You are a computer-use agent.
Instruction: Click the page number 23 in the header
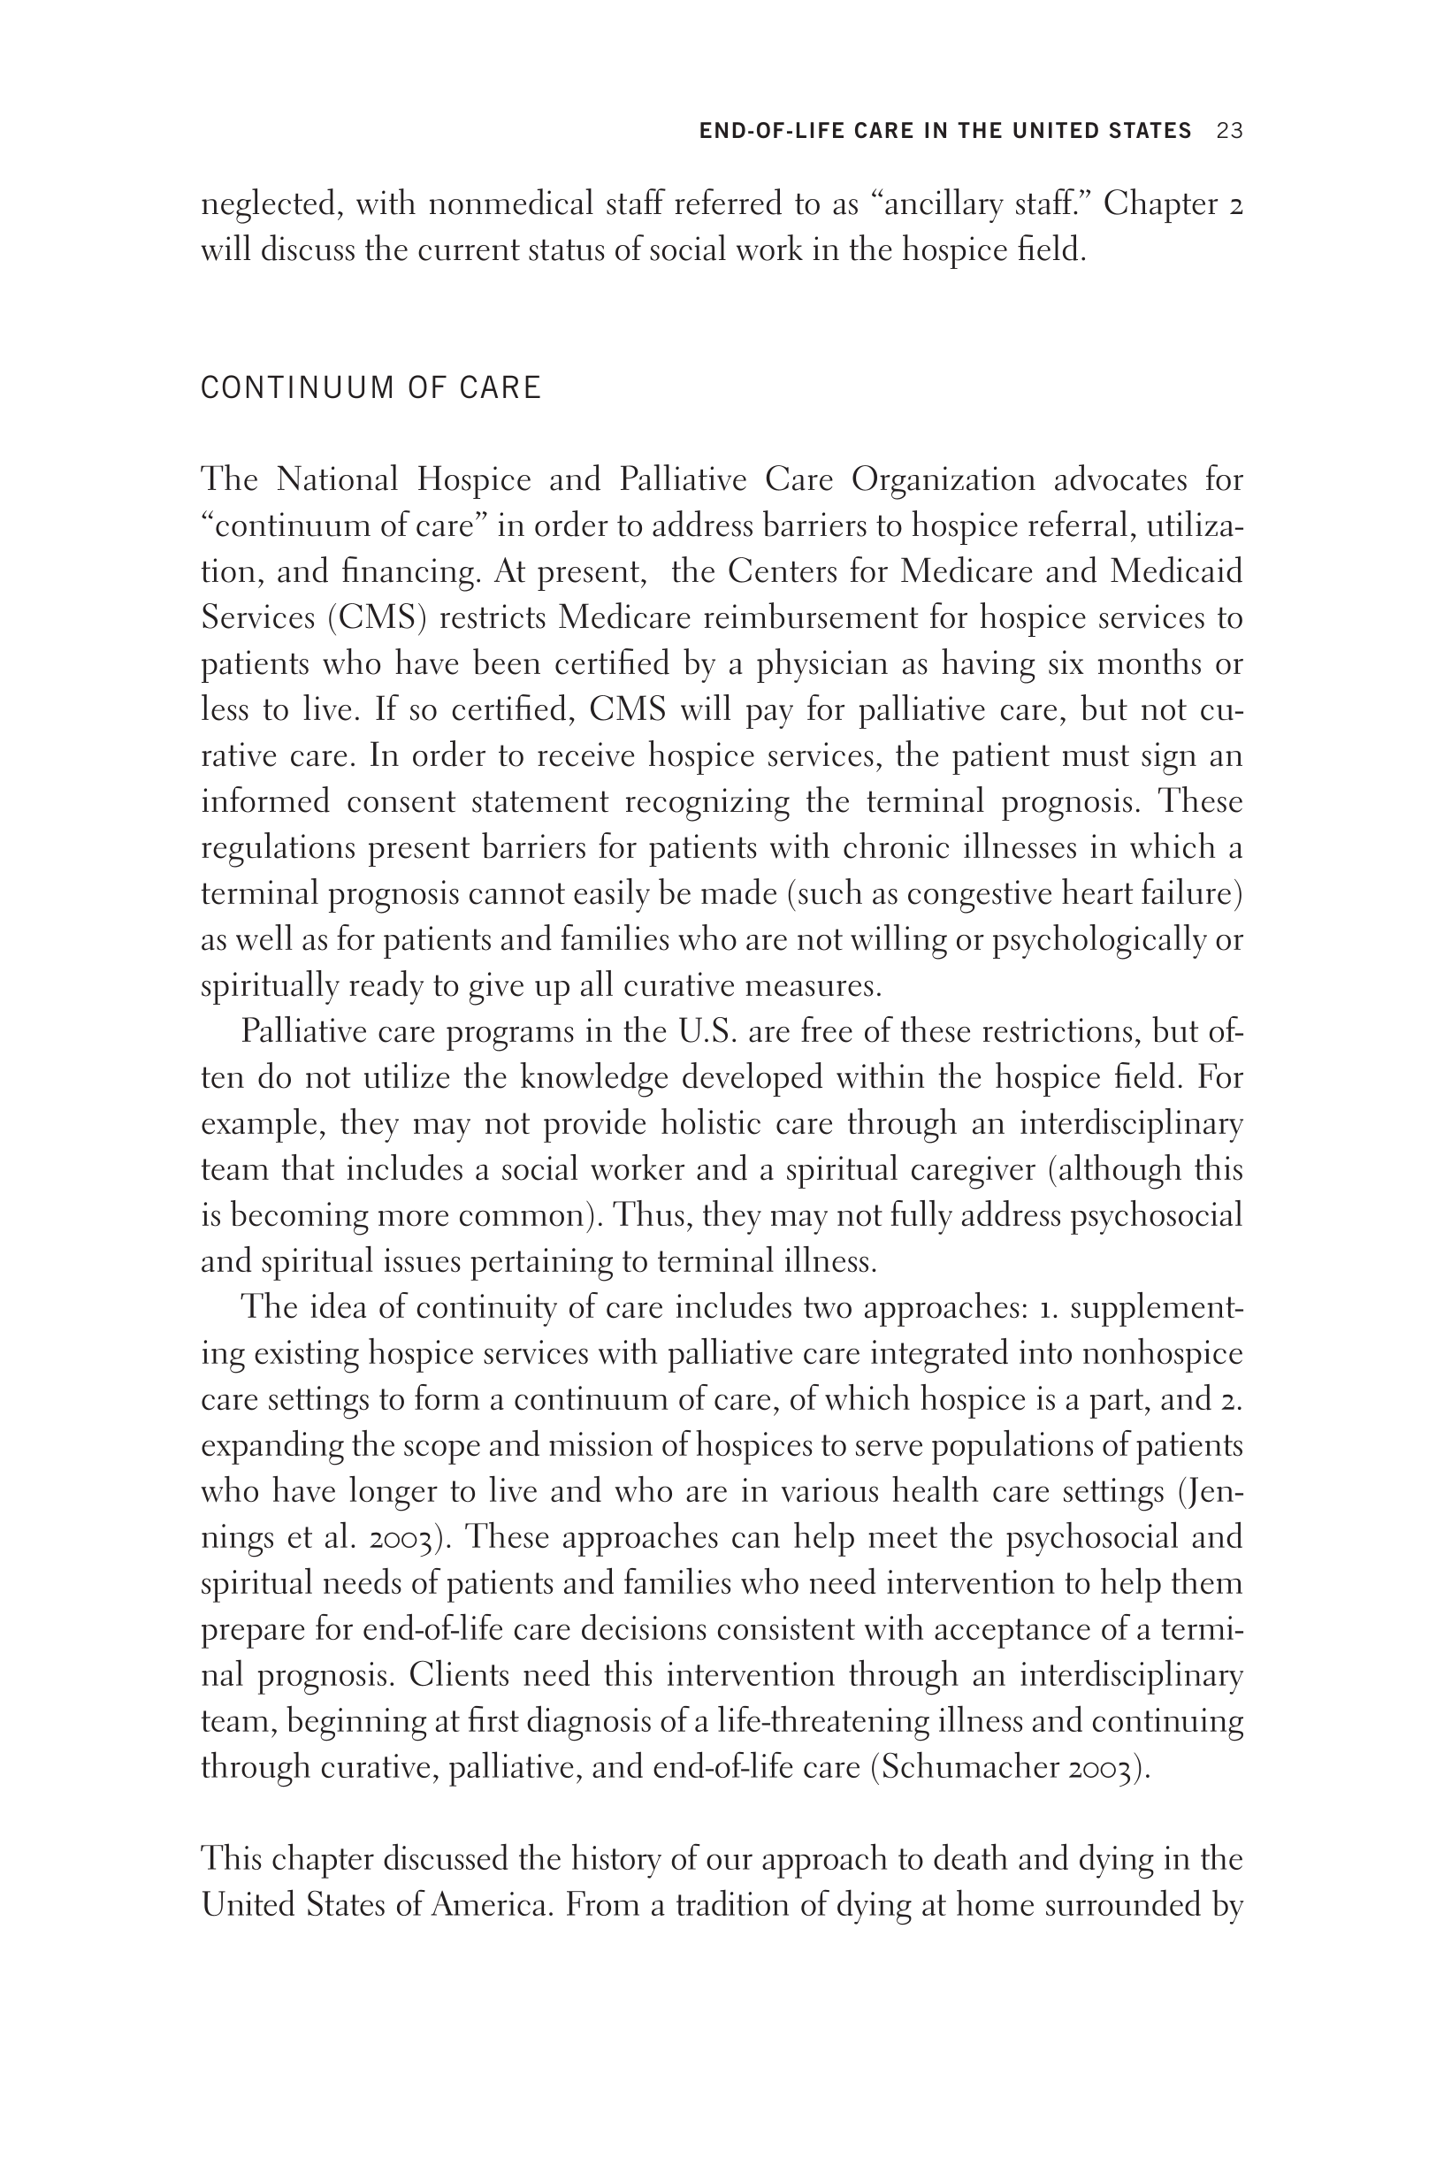[x=1229, y=131]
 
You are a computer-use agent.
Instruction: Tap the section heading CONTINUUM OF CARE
[x=371, y=387]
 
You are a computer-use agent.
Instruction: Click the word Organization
[x=943, y=479]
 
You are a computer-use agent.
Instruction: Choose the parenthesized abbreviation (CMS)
[x=378, y=617]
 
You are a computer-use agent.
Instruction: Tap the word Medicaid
[x=1176, y=571]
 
